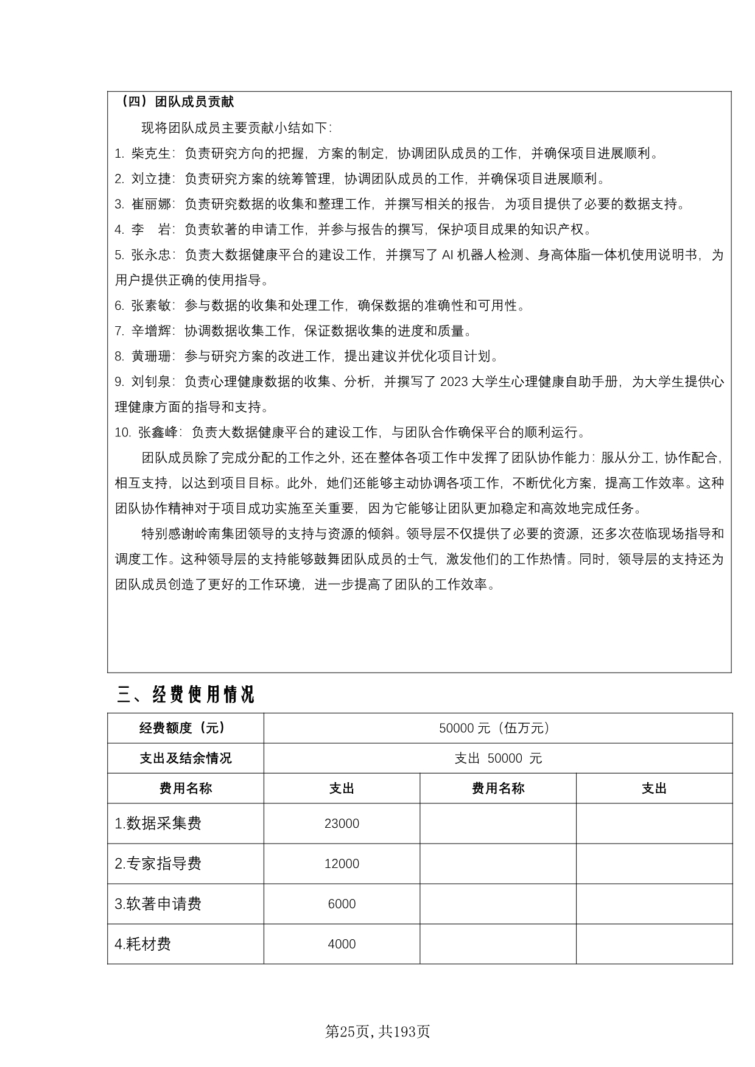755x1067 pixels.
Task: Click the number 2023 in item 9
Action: click(454, 382)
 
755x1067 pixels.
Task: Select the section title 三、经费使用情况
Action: click(186, 694)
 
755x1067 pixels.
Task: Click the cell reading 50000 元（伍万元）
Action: click(497, 728)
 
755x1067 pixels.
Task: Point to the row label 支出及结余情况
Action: click(186, 758)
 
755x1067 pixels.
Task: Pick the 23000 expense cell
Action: click(342, 824)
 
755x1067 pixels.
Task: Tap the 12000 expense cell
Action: click(342, 864)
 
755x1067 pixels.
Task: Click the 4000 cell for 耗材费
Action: click(342, 944)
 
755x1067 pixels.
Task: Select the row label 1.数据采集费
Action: click(158, 824)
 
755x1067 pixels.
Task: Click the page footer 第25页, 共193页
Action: click(377, 1032)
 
